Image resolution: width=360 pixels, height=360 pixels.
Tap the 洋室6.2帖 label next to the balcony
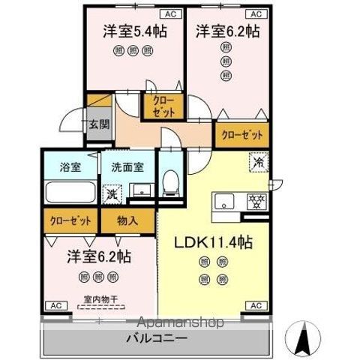pyautogui.click(x=99, y=256)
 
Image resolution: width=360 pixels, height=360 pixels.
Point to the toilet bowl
pyautogui.click(x=171, y=182)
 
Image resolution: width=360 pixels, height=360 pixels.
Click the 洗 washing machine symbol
pyautogui.click(x=110, y=193)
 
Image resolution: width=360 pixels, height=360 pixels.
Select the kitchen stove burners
pyautogui.click(x=257, y=202)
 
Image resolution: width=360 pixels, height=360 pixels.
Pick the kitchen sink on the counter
pyautogui.click(x=226, y=202)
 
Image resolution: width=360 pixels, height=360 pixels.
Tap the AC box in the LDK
pyautogui.click(x=256, y=306)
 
